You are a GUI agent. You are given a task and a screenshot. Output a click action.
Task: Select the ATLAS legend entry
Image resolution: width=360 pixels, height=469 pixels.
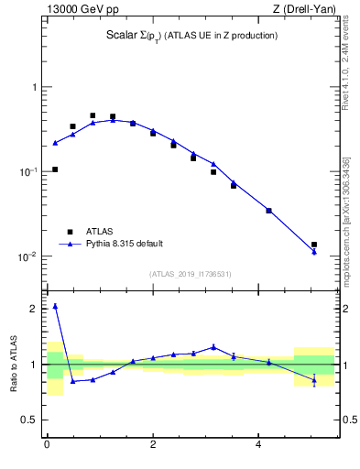pyautogui.click(x=102, y=232)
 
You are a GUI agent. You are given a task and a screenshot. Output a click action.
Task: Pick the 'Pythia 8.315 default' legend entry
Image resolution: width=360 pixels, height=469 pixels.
pyautogui.click(x=124, y=244)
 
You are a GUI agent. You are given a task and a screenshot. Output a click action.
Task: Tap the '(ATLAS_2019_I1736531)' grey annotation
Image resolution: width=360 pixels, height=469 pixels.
pyautogui.click(x=191, y=274)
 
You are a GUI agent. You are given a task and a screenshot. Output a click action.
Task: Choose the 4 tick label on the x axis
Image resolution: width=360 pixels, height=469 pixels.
pyautogui.click(x=258, y=446)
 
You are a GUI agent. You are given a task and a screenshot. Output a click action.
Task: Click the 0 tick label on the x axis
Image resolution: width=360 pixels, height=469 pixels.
pyautogui.click(x=47, y=446)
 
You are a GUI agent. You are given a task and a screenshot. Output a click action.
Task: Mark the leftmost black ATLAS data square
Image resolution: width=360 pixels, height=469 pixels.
pyautogui.click(x=55, y=169)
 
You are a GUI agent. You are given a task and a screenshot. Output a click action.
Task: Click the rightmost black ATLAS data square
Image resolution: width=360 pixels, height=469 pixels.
pyautogui.click(x=314, y=245)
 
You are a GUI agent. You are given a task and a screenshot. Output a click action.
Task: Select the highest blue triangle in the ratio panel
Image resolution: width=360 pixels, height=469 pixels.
pyautogui.click(x=55, y=306)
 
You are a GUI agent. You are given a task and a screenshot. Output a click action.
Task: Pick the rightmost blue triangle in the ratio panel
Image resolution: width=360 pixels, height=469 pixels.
pyautogui.click(x=314, y=379)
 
